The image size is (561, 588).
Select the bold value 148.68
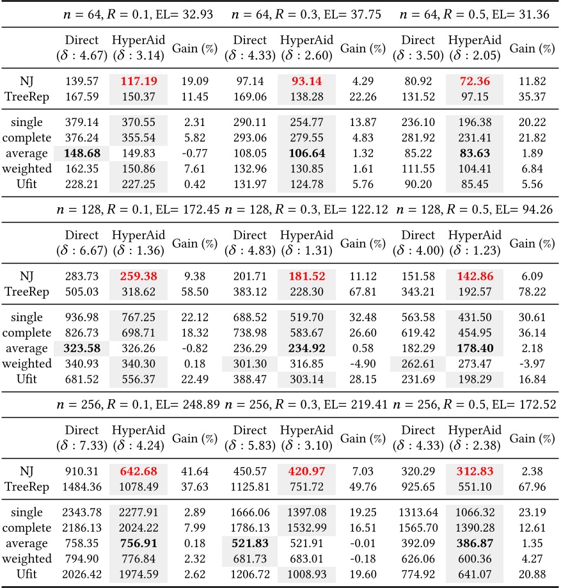tap(81, 153)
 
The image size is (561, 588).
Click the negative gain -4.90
tap(354, 363)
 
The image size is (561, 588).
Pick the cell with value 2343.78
tap(81, 513)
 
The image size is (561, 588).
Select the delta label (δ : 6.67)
tap(81, 251)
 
